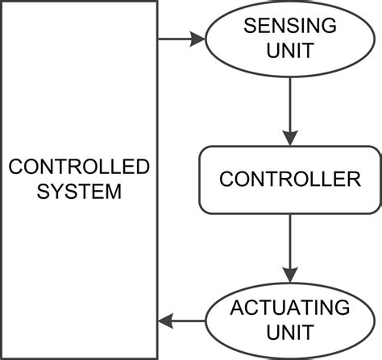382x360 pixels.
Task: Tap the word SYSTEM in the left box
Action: (x=79, y=192)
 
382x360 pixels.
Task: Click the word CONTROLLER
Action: (x=290, y=179)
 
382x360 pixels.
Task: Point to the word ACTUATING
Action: (x=290, y=308)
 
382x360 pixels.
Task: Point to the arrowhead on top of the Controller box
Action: (x=290, y=138)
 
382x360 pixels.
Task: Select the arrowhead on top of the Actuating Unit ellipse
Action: (x=290, y=271)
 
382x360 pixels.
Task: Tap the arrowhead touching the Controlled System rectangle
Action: (x=165, y=321)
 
